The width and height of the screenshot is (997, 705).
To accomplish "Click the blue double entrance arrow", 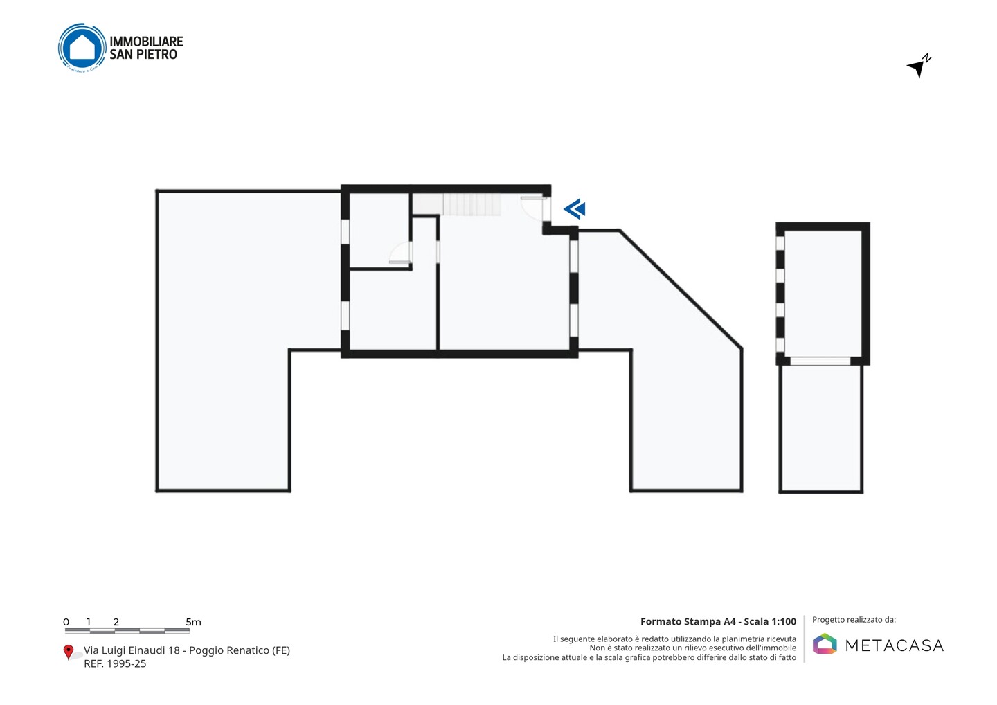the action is tap(575, 209).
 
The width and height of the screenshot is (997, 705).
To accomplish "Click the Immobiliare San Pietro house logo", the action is tap(82, 47).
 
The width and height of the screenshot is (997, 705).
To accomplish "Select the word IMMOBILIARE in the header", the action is tap(146, 42).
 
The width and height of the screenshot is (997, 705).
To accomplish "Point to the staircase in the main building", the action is tap(457, 204).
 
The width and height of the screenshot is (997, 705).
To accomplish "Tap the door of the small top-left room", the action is tap(400, 253).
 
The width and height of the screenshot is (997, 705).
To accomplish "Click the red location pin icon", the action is tap(68, 652).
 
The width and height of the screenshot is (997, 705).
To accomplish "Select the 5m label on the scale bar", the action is tap(193, 622).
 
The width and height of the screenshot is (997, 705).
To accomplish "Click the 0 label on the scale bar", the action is tap(66, 622).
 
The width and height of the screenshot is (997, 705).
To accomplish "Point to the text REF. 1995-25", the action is tap(115, 663).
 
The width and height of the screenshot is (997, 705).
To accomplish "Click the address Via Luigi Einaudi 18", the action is tap(132, 650).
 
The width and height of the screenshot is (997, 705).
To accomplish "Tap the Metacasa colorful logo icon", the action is tap(825, 643).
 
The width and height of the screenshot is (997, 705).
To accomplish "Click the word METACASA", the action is tap(895, 645).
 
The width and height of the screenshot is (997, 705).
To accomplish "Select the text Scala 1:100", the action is tap(770, 621).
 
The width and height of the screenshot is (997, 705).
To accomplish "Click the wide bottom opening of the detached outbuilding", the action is tap(820, 362).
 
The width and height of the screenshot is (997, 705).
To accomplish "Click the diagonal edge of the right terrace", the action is tap(681, 289).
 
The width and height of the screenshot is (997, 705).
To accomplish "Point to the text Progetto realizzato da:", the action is tap(854, 620).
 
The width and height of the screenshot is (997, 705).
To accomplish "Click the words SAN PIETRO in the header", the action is tap(143, 54).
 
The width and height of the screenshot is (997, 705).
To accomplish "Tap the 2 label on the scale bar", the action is tap(116, 622).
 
